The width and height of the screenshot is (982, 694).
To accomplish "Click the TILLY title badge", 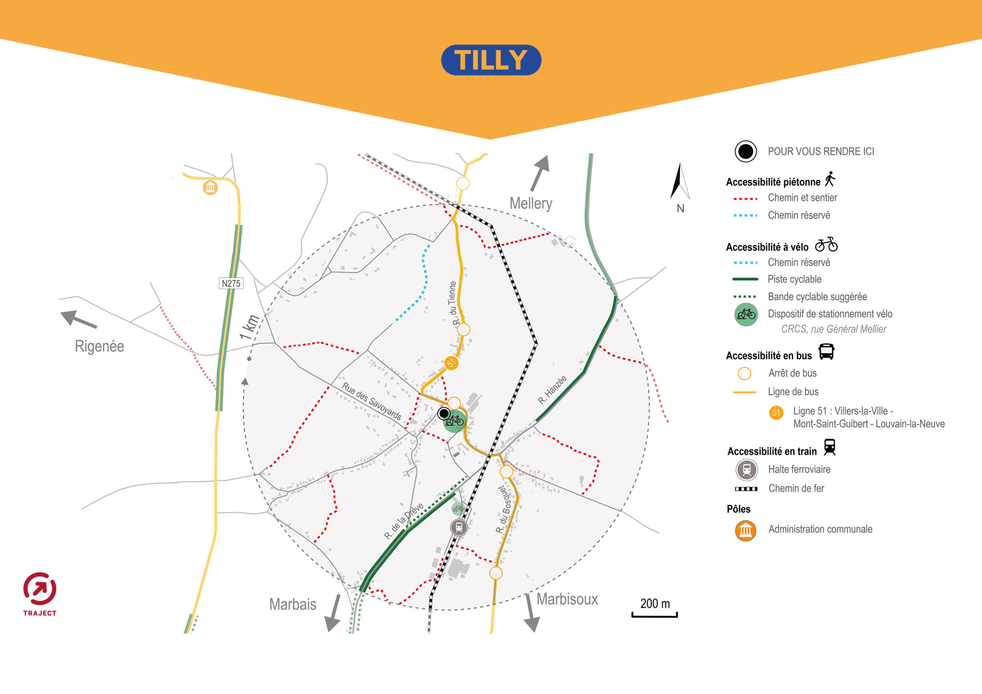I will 491,60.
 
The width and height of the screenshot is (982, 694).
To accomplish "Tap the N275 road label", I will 231,283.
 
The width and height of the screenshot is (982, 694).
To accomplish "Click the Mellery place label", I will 531,204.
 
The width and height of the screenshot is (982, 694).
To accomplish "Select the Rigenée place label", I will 99,346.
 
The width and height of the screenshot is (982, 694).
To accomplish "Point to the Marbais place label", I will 293,604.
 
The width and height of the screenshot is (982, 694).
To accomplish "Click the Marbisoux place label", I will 567,599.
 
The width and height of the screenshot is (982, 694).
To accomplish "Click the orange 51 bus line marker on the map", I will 451,363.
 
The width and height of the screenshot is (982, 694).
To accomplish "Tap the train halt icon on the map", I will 459,527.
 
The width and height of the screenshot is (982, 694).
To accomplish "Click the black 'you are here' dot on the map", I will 444,413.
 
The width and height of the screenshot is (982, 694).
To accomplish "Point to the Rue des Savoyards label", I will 371,401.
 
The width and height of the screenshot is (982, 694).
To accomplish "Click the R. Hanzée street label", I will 552,390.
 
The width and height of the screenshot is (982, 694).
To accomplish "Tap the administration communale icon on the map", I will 210,187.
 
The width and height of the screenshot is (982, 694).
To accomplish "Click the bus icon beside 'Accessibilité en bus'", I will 826,352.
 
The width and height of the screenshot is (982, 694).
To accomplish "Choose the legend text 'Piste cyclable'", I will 794,279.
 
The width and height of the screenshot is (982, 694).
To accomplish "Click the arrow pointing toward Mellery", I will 540,173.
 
